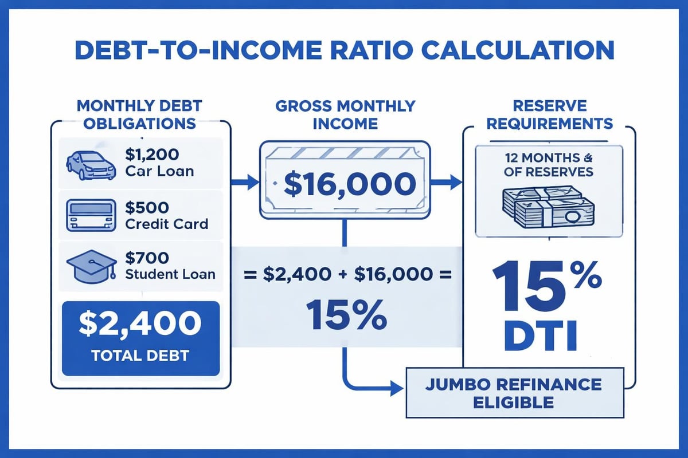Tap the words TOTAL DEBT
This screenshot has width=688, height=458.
pos(140,356)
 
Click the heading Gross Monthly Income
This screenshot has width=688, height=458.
pos(344,114)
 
